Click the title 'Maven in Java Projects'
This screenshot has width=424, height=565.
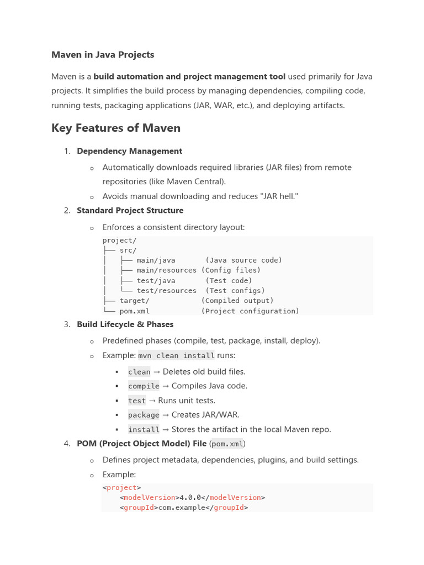(x=103, y=55)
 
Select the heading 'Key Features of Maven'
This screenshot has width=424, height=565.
(x=116, y=128)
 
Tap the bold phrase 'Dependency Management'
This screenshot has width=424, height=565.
(x=129, y=151)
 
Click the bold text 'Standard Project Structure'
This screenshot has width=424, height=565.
(x=130, y=210)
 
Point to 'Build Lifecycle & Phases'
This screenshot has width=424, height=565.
(x=125, y=324)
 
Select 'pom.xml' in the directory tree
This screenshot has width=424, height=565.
(x=134, y=311)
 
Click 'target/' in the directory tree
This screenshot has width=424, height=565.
(x=134, y=301)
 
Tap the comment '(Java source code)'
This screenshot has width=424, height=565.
(x=243, y=260)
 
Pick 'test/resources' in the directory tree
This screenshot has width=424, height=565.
(x=166, y=291)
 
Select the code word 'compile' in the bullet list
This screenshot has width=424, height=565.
(x=144, y=386)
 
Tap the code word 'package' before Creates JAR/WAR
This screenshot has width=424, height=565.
(x=144, y=415)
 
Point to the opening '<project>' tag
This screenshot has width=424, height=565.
(x=122, y=487)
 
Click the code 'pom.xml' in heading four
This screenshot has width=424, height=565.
(x=227, y=444)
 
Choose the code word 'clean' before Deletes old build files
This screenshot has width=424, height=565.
(x=139, y=372)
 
